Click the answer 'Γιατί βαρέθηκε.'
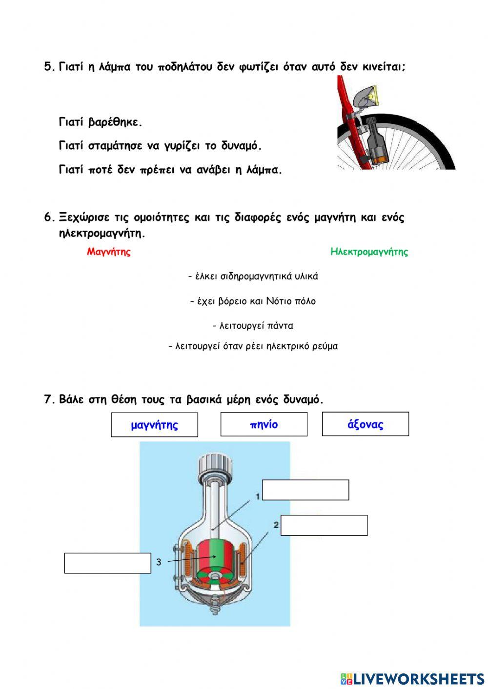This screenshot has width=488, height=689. (101, 122)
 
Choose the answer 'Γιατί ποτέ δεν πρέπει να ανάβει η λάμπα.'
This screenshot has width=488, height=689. (170, 170)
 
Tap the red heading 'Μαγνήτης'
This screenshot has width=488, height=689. (109, 252)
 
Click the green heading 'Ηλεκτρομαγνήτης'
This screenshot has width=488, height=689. (369, 252)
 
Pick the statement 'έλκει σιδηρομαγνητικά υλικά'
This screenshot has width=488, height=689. (253, 276)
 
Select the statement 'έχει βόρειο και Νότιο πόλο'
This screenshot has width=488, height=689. (253, 301)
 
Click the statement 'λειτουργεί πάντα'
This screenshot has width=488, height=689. (253, 326)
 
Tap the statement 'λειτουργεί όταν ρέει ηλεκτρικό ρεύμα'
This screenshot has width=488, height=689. (253, 347)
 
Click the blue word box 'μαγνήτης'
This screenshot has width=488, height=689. (155, 425)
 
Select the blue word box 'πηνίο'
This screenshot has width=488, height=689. (264, 424)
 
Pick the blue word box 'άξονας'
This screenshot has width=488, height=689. (366, 424)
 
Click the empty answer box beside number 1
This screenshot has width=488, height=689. (305, 490)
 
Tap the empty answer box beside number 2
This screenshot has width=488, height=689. (324, 525)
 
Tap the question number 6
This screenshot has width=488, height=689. (48, 217)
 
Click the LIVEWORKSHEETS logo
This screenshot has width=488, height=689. (412, 678)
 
